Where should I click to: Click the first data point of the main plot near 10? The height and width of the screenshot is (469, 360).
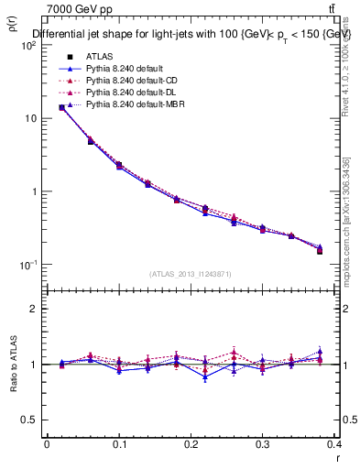coord(61,107)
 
